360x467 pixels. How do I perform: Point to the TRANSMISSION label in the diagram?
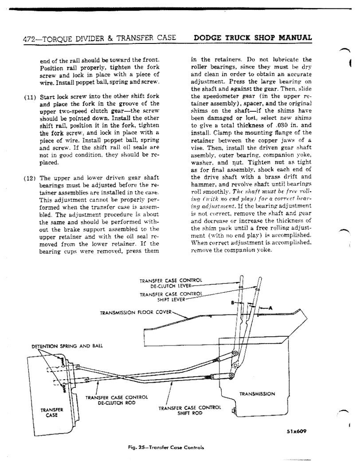(257, 393)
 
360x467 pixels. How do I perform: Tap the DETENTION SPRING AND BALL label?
(67, 346)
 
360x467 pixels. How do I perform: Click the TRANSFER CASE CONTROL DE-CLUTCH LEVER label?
(171, 283)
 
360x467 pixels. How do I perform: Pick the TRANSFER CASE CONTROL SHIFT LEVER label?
(171, 296)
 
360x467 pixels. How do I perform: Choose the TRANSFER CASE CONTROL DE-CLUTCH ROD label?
(116, 400)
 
